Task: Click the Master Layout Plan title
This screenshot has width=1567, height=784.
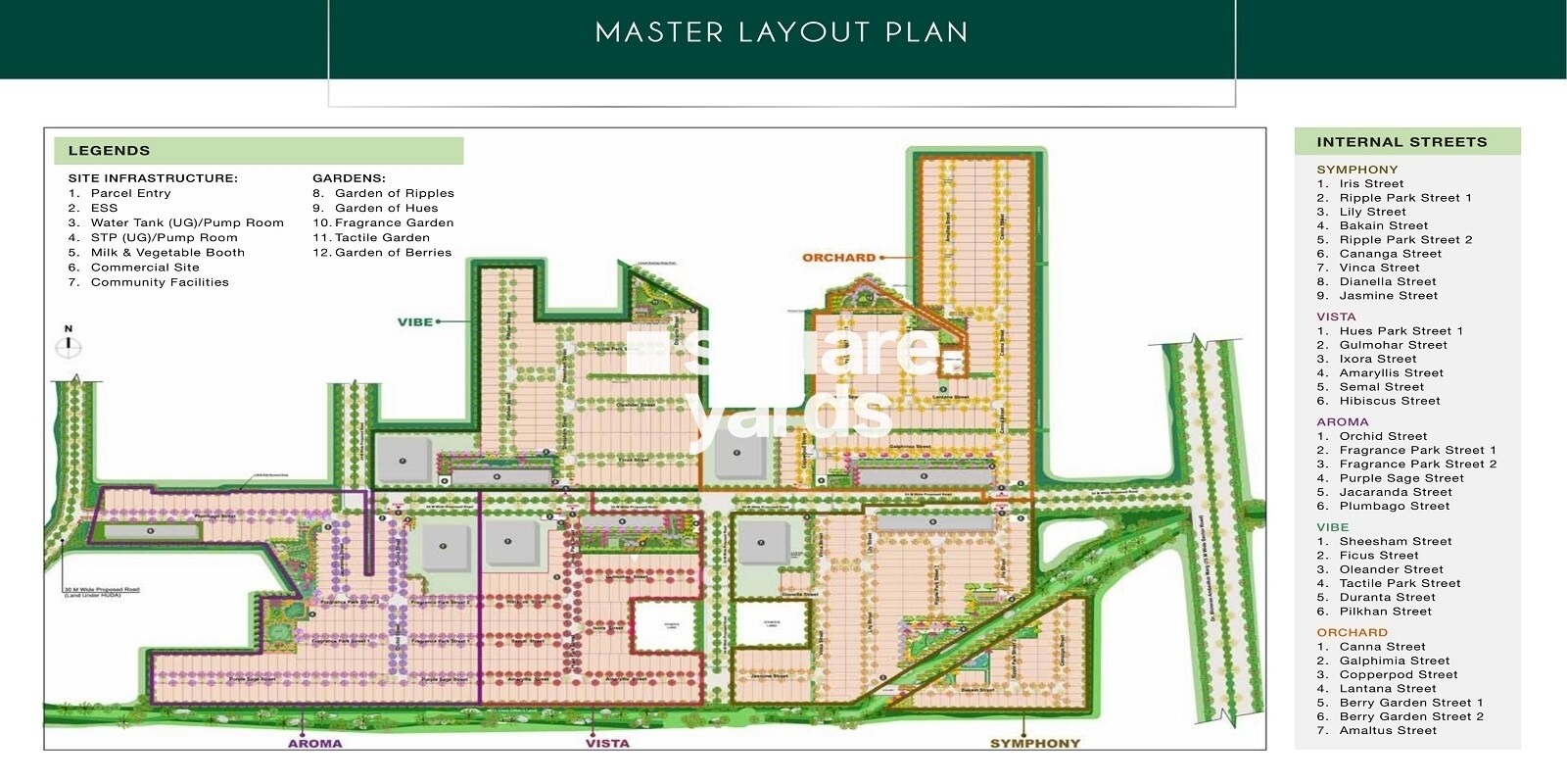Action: click(782, 32)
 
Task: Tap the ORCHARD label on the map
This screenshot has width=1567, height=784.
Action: click(838, 258)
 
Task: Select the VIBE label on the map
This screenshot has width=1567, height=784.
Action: click(415, 321)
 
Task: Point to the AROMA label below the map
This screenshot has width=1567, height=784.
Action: click(315, 743)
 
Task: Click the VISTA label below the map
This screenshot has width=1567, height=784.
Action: click(607, 743)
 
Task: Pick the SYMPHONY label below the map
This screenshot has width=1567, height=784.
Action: click(1034, 743)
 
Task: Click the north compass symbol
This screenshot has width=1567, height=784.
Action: click(69, 345)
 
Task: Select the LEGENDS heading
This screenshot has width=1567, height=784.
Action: click(109, 151)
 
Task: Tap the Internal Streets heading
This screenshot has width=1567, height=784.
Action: click(1401, 142)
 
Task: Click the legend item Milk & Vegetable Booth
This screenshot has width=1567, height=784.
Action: click(166, 252)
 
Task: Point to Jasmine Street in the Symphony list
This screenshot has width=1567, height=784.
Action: click(1388, 295)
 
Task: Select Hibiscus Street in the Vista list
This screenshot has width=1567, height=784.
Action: click(1389, 401)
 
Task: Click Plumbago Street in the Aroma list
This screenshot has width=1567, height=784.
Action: click(1394, 506)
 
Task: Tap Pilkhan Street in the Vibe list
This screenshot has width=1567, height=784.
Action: click(1385, 612)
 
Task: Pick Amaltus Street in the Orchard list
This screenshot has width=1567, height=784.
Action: click(1387, 730)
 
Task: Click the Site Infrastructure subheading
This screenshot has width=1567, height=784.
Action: click(153, 178)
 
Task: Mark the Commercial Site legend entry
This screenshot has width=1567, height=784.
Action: click(144, 267)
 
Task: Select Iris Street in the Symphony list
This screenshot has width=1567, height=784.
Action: click(1371, 183)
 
